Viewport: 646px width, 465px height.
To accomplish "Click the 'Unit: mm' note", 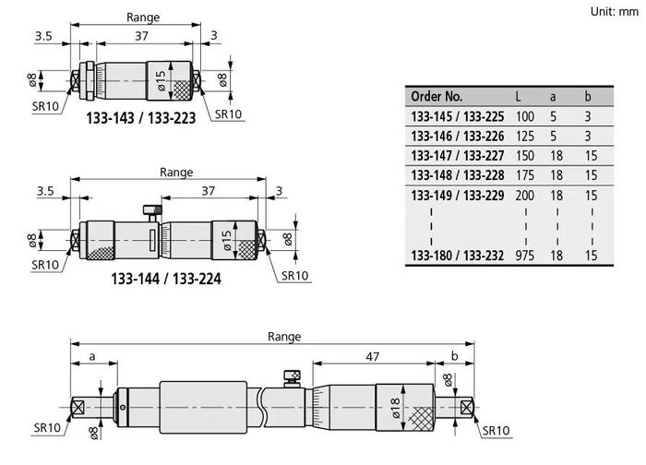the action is click(615, 11).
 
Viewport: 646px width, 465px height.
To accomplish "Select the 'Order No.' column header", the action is click(437, 96).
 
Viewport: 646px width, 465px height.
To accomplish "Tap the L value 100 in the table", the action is click(525, 116).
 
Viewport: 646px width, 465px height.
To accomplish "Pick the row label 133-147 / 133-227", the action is click(458, 156).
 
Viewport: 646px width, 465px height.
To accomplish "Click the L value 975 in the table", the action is click(525, 256).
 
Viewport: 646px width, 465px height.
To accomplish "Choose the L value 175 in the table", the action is click(525, 175).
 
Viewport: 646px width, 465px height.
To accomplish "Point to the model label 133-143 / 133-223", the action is click(141, 118).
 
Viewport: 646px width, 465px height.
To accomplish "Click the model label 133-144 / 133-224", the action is click(166, 279).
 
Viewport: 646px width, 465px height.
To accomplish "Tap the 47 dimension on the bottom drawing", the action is click(373, 357).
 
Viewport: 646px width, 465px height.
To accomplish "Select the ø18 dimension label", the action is click(395, 408).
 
